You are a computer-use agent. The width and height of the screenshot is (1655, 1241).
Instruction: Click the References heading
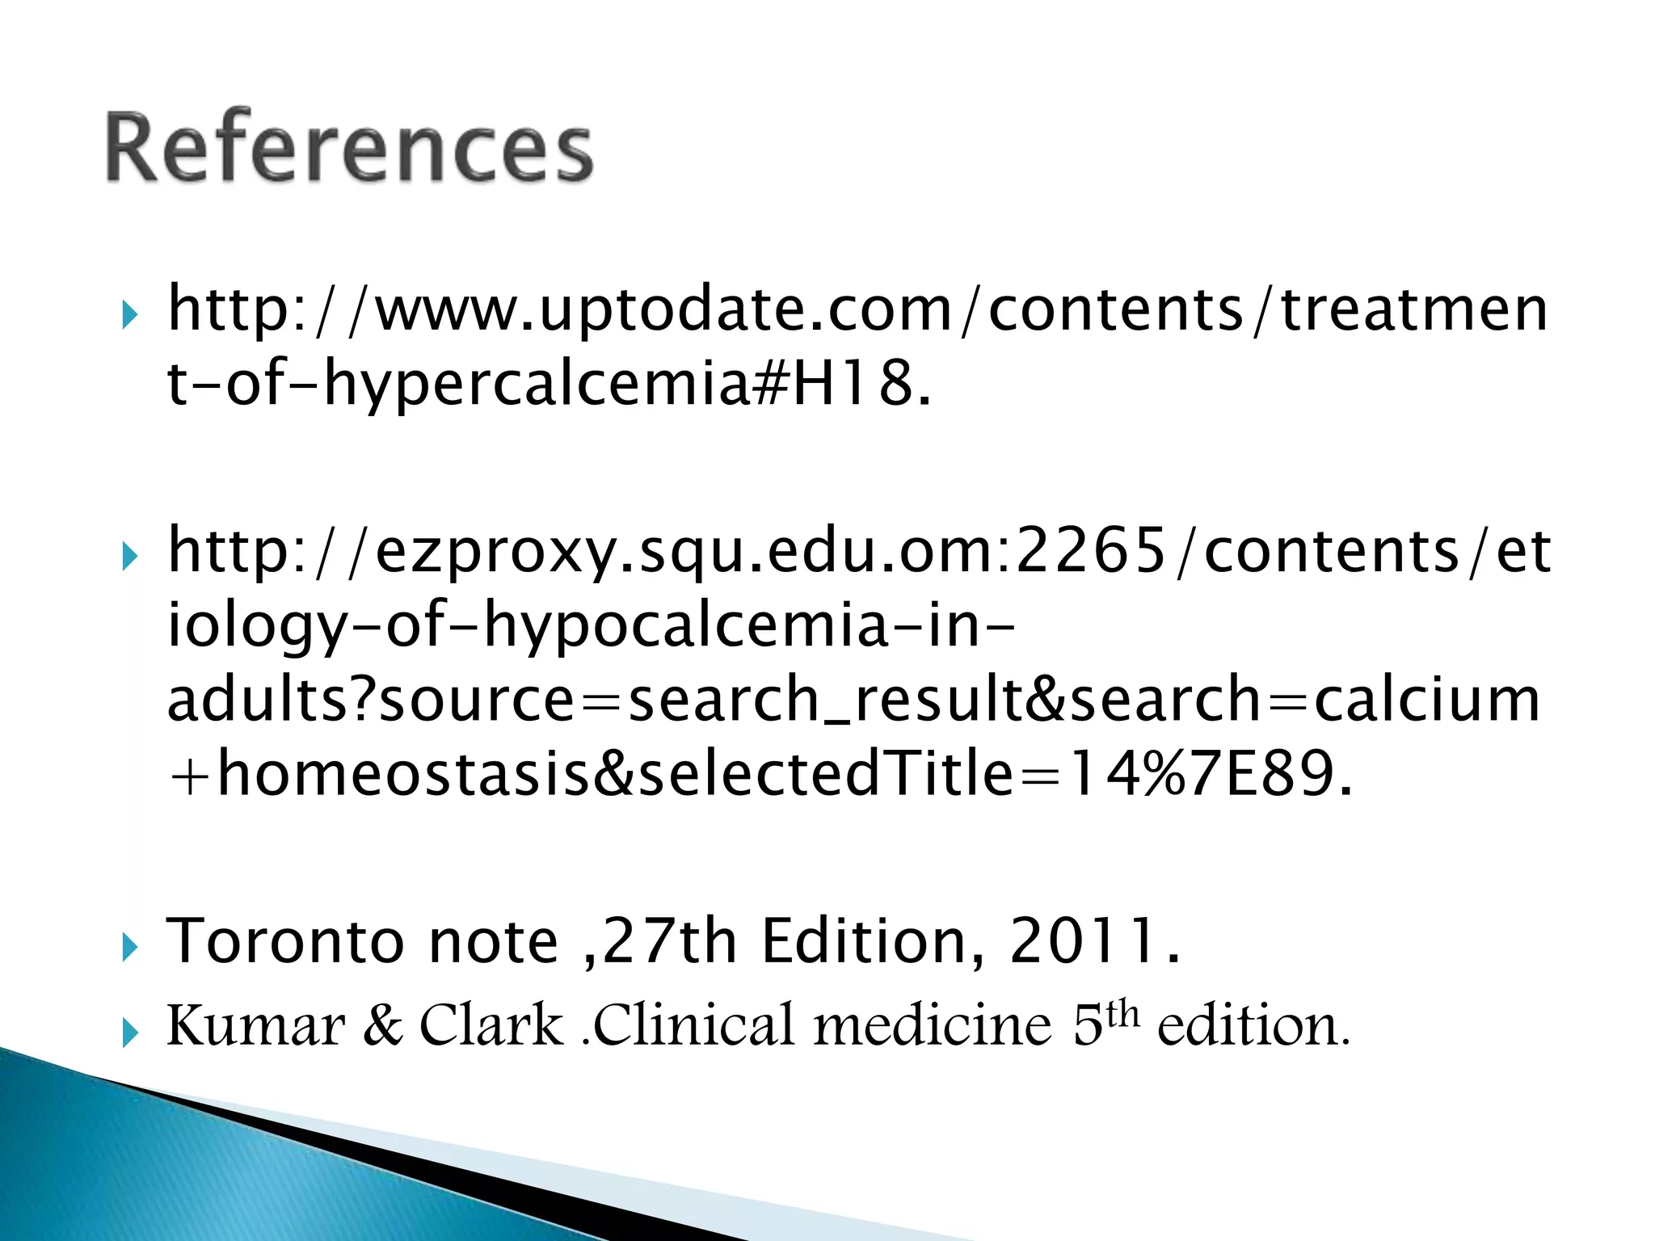pyautogui.click(x=349, y=148)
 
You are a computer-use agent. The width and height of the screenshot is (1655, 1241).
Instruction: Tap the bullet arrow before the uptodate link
pyautogui.click(x=129, y=316)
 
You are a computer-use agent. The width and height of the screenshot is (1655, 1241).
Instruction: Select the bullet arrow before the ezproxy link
pyautogui.click(x=129, y=557)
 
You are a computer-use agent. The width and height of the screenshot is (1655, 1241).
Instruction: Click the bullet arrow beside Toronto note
pyautogui.click(x=129, y=948)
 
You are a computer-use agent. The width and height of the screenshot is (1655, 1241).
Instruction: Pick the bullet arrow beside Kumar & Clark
pyautogui.click(x=129, y=1033)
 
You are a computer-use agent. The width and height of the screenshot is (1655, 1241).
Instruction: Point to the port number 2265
pyautogui.click(x=1090, y=552)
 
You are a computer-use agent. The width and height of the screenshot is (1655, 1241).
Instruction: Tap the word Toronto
pyautogui.click(x=284, y=942)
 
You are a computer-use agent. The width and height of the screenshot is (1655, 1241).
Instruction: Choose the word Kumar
pyautogui.click(x=255, y=1027)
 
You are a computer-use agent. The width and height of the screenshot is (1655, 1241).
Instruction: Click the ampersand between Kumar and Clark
pyautogui.click(x=382, y=1027)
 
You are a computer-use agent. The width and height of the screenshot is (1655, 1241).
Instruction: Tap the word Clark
pyautogui.click(x=491, y=1027)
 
